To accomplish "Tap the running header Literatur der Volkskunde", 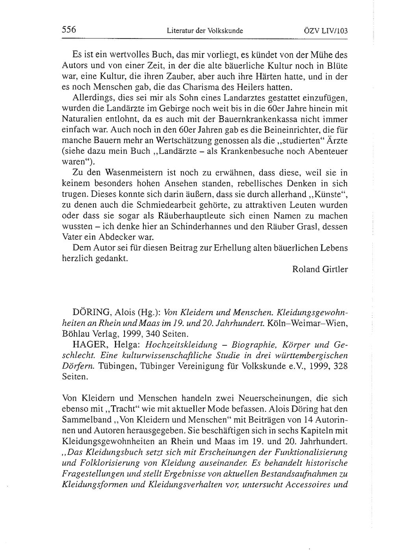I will [205, 30].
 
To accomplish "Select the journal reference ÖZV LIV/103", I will [326, 30].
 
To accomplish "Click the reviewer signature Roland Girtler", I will [320, 270].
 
